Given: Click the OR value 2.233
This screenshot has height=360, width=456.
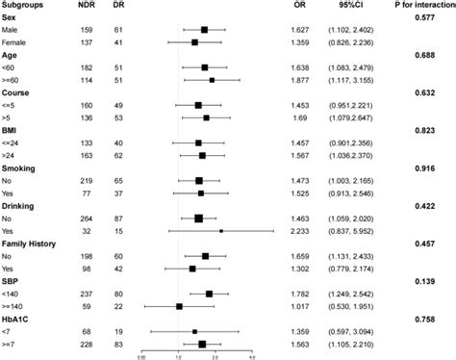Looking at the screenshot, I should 301,231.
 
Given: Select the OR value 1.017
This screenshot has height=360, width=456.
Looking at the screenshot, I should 301,306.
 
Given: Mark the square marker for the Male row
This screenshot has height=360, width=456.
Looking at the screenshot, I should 205,30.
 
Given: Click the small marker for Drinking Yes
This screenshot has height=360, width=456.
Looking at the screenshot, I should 220,231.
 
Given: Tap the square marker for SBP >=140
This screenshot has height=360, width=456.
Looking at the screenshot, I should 180,306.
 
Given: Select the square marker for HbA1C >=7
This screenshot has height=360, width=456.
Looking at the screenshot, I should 202,344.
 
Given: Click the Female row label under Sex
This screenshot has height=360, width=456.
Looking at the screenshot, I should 19,42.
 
